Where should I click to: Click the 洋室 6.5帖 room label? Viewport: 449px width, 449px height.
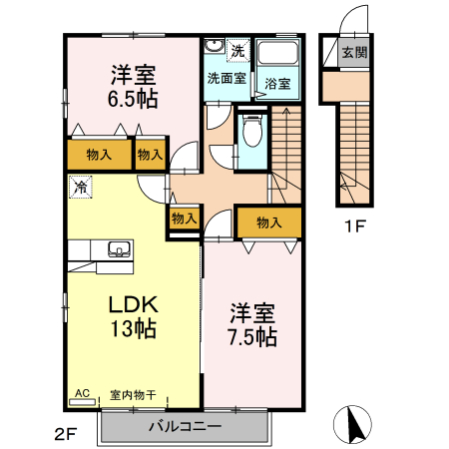coord(132,85)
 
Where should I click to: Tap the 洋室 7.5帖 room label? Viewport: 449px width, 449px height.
coord(251,324)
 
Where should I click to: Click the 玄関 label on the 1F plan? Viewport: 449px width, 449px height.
coord(354,52)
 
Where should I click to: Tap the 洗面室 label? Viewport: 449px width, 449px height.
coord(226,77)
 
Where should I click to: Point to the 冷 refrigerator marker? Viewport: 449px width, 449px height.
coord(79,186)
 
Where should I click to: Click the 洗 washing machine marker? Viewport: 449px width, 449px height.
coord(237,50)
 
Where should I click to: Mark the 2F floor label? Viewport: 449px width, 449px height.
coord(65,433)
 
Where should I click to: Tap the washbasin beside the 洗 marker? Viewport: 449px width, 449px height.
coord(214,48)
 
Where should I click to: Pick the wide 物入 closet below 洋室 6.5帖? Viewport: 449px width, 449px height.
coord(98,155)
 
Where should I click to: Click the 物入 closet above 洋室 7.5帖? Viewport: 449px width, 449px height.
coord(267,222)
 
